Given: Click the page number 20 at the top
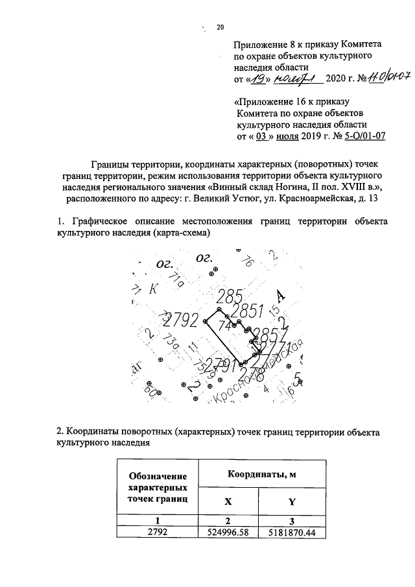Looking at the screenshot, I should coord(220,27).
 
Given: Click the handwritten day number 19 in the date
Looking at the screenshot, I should coord(258,79).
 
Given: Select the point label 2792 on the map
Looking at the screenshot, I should coord(184,320).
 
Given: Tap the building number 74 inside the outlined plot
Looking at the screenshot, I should coord(226,325).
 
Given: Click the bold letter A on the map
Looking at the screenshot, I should coord(280,296).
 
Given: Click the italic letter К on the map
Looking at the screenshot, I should coord(153,289).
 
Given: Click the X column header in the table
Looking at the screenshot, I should coord(227,501).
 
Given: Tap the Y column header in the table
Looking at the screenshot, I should coord(291,501).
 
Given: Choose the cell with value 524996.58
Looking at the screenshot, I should coord(227,533).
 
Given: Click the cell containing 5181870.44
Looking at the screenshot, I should coord(292,533).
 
